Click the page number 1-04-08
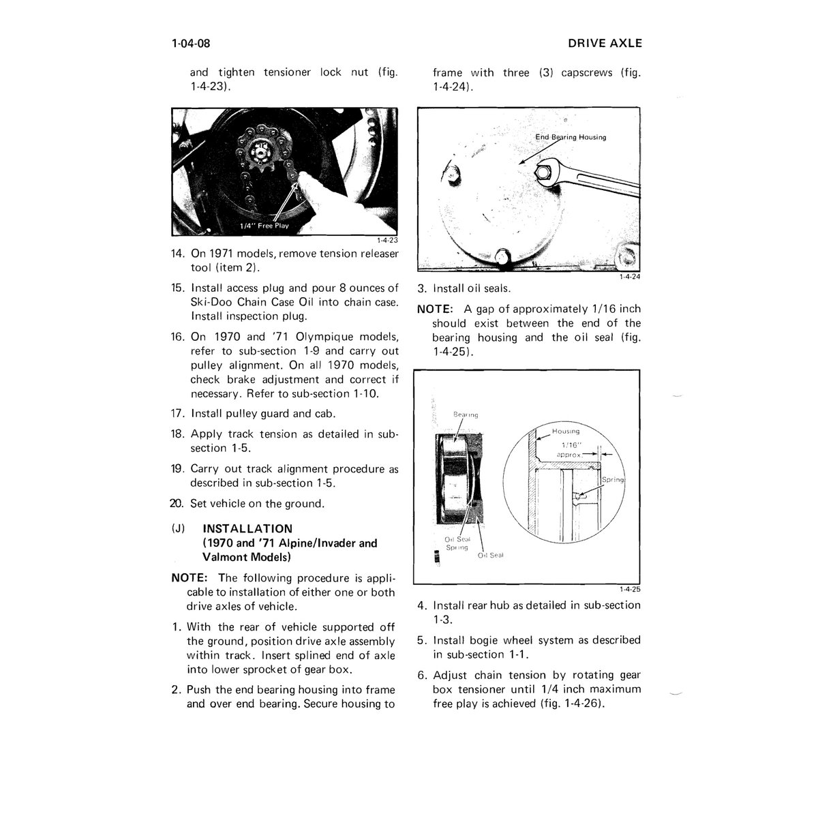tap(191, 44)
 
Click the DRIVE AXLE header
tap(605, 44)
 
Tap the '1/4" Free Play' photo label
tap(264, 226)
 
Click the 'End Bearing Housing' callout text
tap(571, 137)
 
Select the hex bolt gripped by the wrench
tap(542, 172)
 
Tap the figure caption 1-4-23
tap(388, 240)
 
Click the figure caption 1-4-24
tap(630, 277)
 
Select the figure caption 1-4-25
tap(630, 589)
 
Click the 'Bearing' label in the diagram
tap(466, 414)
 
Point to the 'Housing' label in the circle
tap(565, 431)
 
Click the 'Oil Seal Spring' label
tap(457, 543)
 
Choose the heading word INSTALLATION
tap(247, 529)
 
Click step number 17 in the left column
tap(178, 414)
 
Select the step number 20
tap(177, 504)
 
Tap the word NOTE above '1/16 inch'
tap(435, 309)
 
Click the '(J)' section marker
tap(179, 529)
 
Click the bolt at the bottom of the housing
tap(502, 258)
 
